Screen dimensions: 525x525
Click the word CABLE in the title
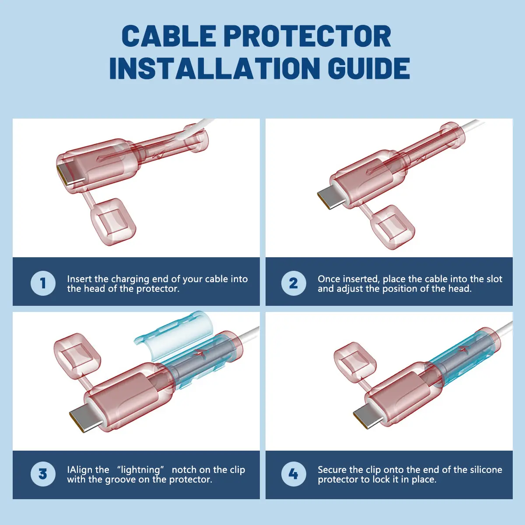click(x=169, y=36)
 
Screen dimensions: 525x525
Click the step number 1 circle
click(x=43, y=283)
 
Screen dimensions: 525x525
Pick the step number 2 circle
click(x=294, y=283)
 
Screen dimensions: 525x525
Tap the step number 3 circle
click(x=43, y=474)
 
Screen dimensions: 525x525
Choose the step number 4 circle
click(x=294, y=474)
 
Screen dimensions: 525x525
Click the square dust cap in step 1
click(x=113, y=222)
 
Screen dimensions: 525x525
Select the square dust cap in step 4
click(x=355, y=362)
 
